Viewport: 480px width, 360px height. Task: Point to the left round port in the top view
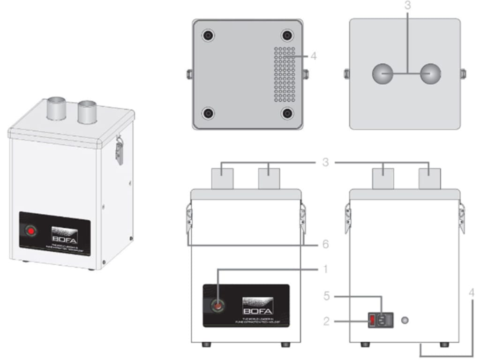[382, 74]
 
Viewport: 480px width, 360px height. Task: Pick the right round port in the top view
[430, 74]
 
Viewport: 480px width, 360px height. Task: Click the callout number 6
[325, 245]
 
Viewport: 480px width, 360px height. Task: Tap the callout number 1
[325, 270]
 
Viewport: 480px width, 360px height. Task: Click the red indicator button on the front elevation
[217, 306]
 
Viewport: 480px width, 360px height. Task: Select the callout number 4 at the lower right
[472, 293]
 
